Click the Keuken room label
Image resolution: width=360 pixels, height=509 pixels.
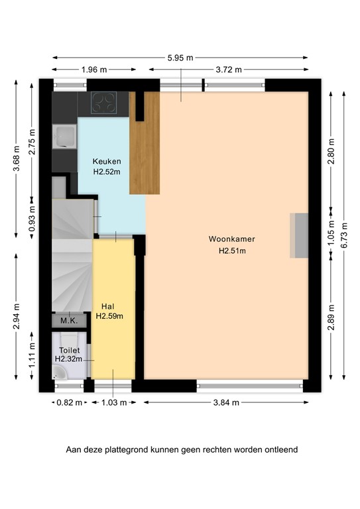click(x=106, y=161)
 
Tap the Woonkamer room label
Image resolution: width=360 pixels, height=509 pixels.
click(x=231, y=239)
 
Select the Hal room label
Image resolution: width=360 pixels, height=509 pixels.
click(x=109, y=306)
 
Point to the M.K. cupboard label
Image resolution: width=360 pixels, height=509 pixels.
click(x=69, y=321)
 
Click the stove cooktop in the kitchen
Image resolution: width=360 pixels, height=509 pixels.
click(x=103, y=103)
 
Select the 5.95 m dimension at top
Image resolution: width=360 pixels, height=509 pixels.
click(x=180, y=58)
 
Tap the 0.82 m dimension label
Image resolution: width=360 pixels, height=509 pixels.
click(x=69, y=402)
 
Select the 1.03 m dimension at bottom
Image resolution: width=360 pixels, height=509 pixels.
click(x=112, y=402)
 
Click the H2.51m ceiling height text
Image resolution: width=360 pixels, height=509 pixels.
click(x=232, y=251)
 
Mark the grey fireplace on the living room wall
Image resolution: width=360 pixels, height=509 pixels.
click(x=299, y=236)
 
